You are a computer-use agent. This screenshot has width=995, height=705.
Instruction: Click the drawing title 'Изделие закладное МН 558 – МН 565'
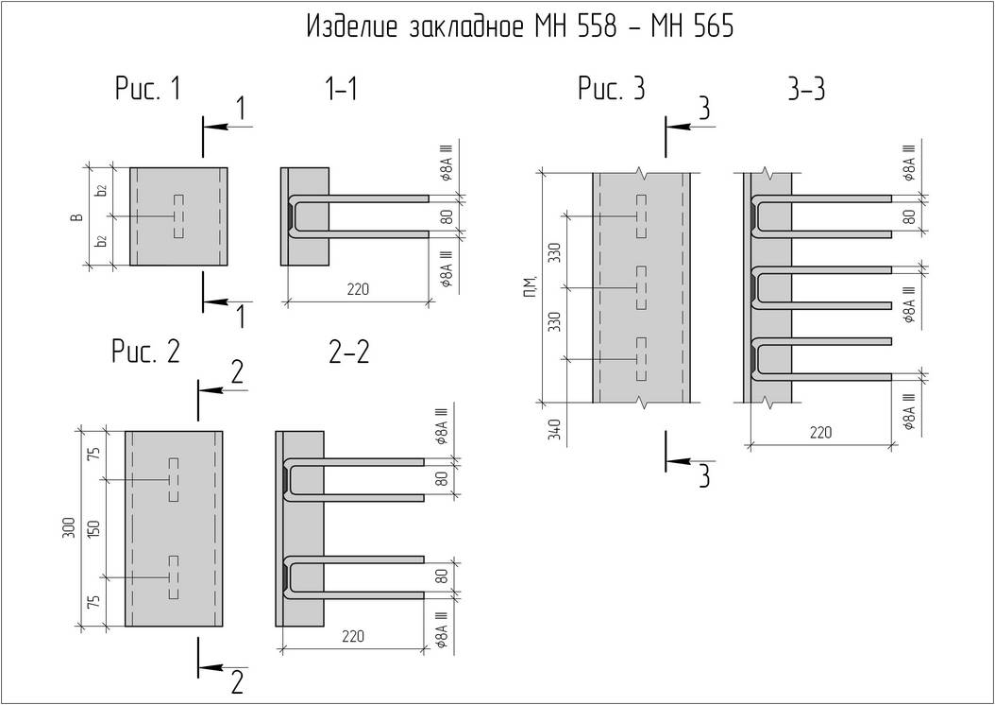click(x=520, y=27)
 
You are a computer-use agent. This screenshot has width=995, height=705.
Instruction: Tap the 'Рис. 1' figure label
click(x=148, y=88)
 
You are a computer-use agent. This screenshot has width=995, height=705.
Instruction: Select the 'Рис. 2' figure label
click(x=145, y=352)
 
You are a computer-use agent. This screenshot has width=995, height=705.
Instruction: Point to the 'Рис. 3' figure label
click(x=611, y=88)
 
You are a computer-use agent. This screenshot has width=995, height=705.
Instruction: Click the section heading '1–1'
click(x=341, y=90)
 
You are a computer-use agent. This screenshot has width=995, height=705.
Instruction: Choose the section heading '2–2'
click(x=349, y=352)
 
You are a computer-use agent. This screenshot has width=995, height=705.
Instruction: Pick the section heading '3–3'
click(x=806, y=90)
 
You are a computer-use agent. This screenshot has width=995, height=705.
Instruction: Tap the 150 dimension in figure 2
click(x=93, y=528)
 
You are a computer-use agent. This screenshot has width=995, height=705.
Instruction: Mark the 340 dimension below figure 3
click(x=555, y=429)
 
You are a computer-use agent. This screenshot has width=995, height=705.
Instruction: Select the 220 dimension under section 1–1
click(x=357, y=289)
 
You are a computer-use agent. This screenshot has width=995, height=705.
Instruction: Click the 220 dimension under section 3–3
click(x=819, y=433)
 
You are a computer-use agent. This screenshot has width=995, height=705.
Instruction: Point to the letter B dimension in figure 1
click(x=76, y=218)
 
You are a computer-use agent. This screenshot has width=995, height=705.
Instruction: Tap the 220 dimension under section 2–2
click(x=353, y=636)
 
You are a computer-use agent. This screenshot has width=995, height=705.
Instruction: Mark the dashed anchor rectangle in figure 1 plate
click(x=178, y=216)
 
